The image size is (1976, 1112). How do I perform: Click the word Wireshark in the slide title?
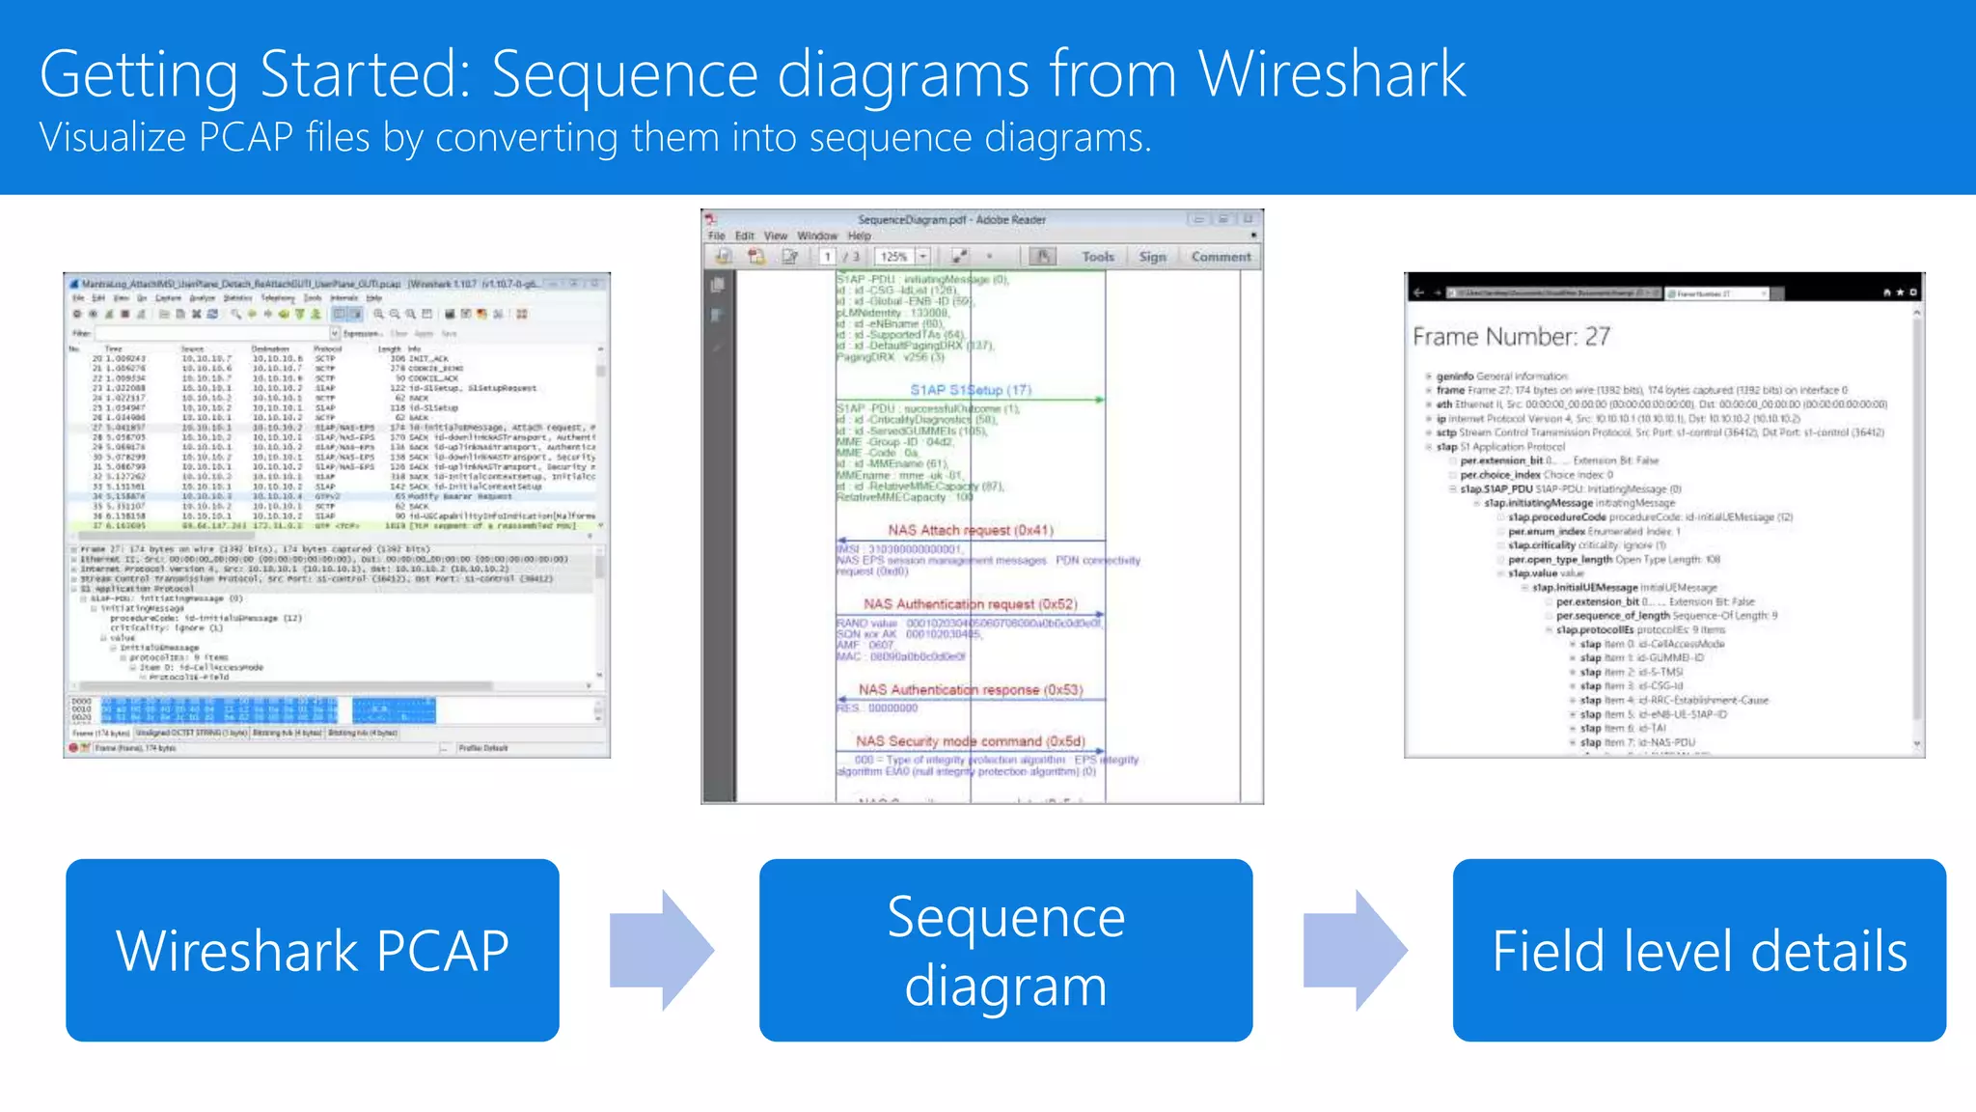1331,74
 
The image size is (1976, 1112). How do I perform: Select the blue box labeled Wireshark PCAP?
313,951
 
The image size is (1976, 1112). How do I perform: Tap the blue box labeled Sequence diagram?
1005,951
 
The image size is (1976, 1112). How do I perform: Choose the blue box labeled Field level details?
1699,951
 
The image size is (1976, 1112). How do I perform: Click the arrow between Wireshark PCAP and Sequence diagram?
663,951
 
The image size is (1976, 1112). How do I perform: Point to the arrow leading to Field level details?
1356,951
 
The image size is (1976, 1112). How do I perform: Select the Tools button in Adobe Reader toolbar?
1098,257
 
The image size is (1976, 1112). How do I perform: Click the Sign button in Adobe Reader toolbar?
1152,257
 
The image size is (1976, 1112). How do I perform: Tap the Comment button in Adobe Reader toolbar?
1221,257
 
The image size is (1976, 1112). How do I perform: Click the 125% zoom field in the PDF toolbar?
894,257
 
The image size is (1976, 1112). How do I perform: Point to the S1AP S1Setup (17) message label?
971,390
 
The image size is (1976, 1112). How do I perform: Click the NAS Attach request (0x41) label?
971,530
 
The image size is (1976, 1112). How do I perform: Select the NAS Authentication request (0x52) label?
970,604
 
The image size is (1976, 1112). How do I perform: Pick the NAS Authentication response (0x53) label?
971,690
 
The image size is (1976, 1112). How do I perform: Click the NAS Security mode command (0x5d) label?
970,741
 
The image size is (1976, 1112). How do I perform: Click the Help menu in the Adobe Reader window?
859,236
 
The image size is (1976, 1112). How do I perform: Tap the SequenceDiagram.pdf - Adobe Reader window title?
951,220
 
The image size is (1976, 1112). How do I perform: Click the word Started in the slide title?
364,74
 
